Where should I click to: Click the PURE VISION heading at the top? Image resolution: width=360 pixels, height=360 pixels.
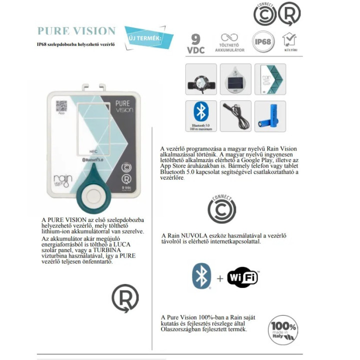tap(76, 31)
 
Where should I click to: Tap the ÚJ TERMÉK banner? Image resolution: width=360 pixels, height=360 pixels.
tap(148, 37)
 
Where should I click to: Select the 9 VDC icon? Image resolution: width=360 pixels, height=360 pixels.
tap(196, 43)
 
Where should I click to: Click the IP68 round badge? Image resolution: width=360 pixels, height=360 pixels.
tap(262, 41)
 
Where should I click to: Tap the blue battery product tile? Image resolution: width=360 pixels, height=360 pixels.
tap(270, 116)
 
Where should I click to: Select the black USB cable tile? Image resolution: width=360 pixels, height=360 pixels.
tap(235, 116)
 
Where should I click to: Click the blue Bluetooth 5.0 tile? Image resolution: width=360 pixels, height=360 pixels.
tap(201, 116)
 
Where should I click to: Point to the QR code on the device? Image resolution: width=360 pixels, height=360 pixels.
tap(61, 106)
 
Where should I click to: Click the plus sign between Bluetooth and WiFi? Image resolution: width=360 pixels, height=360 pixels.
tap(220, 278)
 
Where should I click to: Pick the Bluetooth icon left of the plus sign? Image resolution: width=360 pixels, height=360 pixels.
tap(201, 276)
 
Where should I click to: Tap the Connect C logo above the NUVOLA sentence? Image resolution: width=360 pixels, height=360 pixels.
tap(221, 209)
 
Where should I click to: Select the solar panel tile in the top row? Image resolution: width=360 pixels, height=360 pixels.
tap(235, 79)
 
